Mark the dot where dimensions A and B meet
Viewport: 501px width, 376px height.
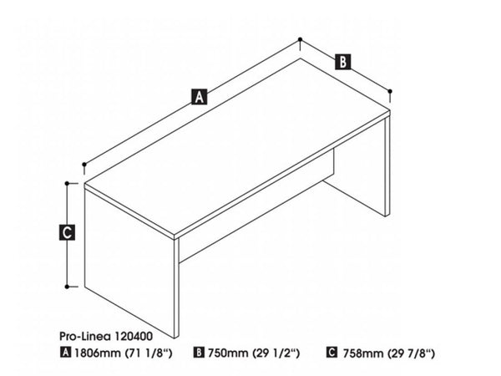point(300,39)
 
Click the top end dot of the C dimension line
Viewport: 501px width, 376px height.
point(68,180)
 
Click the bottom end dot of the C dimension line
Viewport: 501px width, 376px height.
point(68,285)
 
